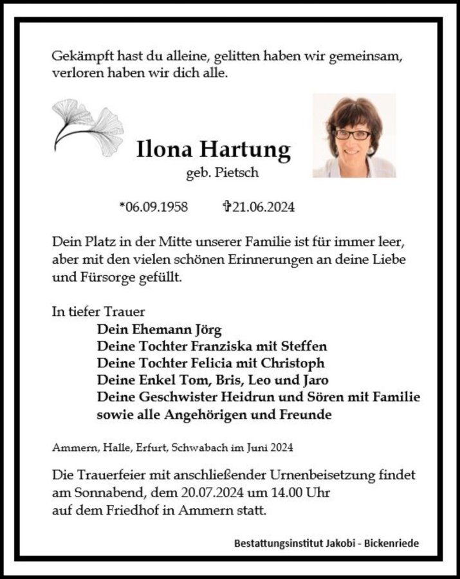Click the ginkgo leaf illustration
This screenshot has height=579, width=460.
coord(88,127)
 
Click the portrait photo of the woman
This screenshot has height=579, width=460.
coord(354,135)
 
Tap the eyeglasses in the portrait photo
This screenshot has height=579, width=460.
coord(351,135)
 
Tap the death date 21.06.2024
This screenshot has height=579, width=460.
coord(264,207)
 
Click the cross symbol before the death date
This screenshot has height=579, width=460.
coord(226,207)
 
